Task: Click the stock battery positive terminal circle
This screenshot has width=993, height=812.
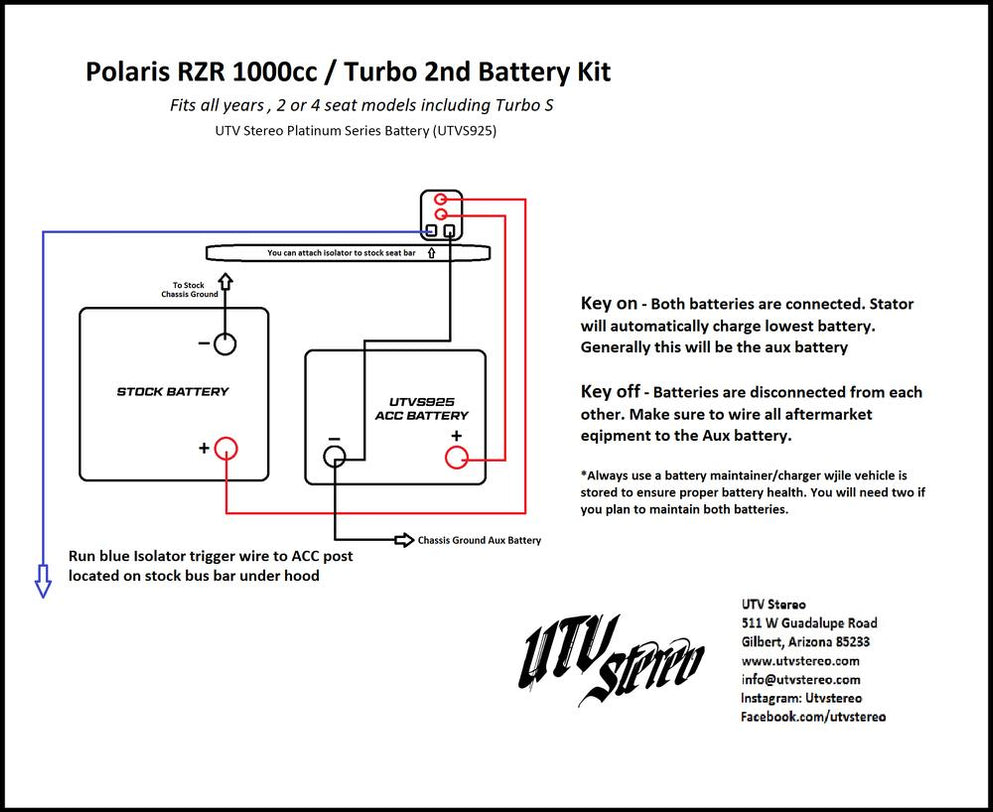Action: click(227, 448)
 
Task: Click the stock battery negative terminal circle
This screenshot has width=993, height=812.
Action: click(225, 344)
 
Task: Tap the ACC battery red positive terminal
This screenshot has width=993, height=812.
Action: click(457, 457)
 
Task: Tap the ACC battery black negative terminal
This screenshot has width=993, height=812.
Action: click(334, 457)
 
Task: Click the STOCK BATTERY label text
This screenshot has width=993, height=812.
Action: click(173, 392)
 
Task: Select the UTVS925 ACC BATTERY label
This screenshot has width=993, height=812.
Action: click(422, 407)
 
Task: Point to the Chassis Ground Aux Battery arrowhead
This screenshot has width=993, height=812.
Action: click(404, 540)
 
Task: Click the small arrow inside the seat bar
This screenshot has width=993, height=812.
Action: click(431, 253)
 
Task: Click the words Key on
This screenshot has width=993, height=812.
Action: click(608, 303)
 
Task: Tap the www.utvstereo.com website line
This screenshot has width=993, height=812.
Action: click(800, 661)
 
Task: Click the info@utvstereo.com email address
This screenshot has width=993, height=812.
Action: click(800, 680)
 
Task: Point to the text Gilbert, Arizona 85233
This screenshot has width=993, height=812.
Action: click(805, 642)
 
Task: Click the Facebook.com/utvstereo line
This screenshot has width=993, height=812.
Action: click(813, 717)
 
